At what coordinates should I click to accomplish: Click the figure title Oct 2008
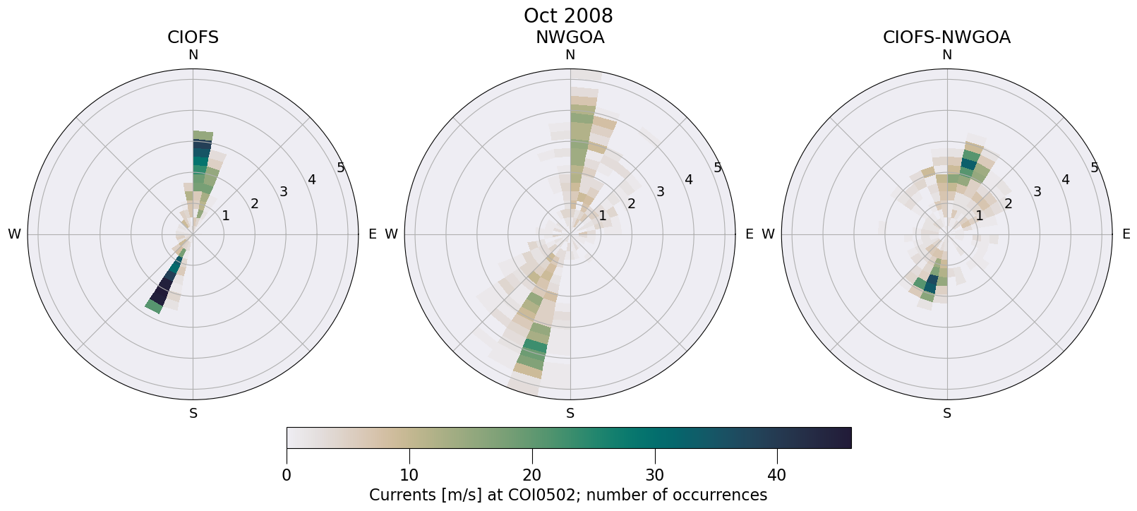[x=568, y=16]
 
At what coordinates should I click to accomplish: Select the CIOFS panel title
[x=193, y=37]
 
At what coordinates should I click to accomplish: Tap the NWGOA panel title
[x=570, y=37]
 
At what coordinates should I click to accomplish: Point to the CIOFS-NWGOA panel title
[x=946, y=37]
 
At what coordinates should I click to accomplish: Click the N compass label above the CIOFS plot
[x=193, y=55]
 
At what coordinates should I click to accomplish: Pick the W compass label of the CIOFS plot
[x=14, y=234]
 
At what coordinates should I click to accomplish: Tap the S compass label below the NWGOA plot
[x=570, y=414]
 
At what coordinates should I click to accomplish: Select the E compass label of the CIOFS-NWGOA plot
[x=1126, y=234]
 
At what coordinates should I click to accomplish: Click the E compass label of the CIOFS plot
[x=372, y=234]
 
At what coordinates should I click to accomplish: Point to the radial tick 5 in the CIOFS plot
[x=341, y=168]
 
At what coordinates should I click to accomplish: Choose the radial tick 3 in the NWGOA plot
[x=660, y=192]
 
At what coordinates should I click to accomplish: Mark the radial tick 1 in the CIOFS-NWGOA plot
[x=979, y=216]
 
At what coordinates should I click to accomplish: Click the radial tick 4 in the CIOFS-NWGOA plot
[x=1065, y=180]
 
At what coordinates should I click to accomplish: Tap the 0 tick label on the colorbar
[x=287, y=475]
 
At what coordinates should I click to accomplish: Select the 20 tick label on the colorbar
[x=531, y=475]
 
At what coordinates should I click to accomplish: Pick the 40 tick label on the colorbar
[x=776, y=475]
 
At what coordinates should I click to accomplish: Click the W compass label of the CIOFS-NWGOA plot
[x=768, y=234]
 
